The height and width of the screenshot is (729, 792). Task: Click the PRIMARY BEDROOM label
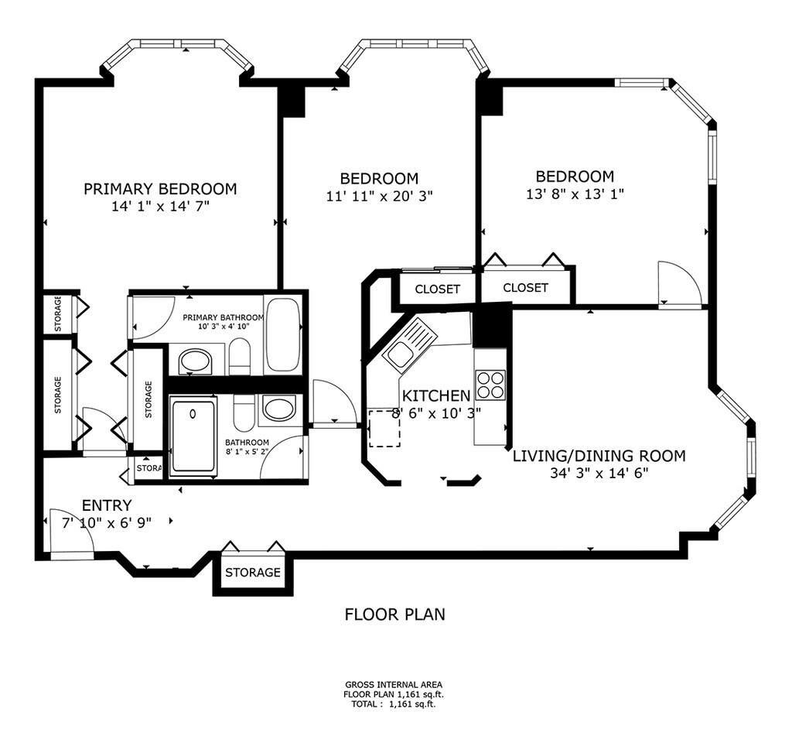[160, 189]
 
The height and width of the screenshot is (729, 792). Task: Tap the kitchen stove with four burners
[490, 385]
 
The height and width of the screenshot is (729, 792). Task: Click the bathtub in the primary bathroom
[283, 335]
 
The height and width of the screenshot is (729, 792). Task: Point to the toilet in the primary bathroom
[240, 357]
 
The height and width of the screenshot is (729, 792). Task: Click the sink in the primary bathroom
[196, 361]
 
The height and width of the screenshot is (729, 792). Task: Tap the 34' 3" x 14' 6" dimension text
[599, 473]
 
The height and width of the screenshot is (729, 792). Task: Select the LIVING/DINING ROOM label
[599, 456]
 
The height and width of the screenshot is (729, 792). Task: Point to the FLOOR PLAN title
[395, 614]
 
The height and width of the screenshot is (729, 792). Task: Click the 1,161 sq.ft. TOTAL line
[394, 703]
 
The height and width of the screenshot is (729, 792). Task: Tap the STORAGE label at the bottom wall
[253, 572]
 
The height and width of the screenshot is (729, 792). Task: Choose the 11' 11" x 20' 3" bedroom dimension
[380, 196]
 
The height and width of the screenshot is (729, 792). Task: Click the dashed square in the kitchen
[384, 429]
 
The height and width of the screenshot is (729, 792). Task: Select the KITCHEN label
[436, 395]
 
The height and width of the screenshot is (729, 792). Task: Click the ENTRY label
[107, 505]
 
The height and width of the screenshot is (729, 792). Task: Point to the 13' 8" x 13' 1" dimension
[575, 194]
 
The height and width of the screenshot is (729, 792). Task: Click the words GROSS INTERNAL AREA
[394, 685]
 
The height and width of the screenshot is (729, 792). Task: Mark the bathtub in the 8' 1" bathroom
[193, 435]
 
